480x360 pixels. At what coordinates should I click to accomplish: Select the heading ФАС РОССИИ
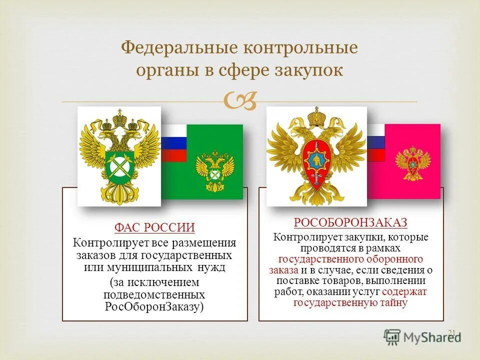click(154, 228)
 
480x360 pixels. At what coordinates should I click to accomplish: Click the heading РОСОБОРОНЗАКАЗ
click(350, 222)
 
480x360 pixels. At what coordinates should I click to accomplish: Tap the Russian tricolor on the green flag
click(172, 143)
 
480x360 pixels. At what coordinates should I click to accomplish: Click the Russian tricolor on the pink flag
click(375, 142)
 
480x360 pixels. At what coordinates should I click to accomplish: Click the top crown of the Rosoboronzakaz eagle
click(316, 116)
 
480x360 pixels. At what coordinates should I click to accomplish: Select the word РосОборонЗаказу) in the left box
click(154, 306)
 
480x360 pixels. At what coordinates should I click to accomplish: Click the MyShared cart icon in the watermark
click(392, 335)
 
